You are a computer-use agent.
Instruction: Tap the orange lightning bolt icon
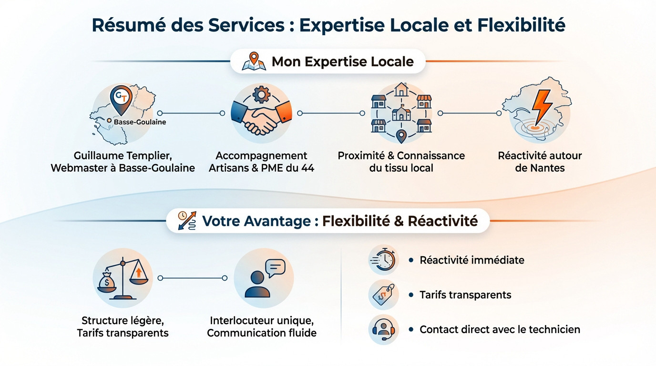[542, 107]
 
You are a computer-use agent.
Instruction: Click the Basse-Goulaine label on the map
[140, 122]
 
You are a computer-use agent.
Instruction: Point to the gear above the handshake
[261, 95]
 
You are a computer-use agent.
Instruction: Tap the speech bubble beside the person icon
[275, 268]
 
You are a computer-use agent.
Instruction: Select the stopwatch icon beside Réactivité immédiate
[384, 260]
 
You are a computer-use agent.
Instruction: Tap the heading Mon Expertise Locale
[342, 61]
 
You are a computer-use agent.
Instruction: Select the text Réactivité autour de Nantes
[540, 162]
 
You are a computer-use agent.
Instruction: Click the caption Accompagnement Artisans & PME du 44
[261, 162]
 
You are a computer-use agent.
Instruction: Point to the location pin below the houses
[401, 136]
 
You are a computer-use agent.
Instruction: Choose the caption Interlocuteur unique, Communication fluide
[262, 326]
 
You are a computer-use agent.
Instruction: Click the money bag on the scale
[107, 283]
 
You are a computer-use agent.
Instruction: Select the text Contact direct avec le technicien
[500, 329]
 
